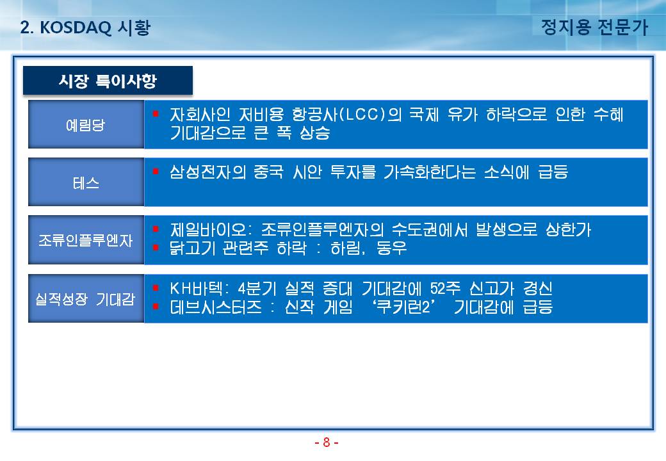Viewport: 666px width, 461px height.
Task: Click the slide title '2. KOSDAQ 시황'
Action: [x=85, y=28]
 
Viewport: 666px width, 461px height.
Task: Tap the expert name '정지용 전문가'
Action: [x=595, y=27]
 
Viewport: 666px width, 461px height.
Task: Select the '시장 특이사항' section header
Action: [x=108, y=80]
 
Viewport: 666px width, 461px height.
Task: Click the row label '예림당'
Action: [x=85, y=125]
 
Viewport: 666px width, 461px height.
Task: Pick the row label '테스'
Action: [x=86, y=183]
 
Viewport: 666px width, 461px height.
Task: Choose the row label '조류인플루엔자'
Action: [x=86, y=240]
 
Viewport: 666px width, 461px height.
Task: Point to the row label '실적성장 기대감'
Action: [x=85, y=299]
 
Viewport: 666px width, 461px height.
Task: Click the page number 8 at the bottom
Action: [x=326, y=442]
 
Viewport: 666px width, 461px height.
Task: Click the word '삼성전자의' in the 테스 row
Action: [x=207, y=172]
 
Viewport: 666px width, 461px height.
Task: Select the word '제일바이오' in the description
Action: [x=208, y=230]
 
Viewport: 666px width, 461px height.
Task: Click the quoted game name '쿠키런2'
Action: [x=403, y=307]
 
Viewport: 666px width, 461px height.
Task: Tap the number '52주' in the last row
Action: [x=445, y=289]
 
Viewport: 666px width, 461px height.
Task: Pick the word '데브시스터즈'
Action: [x=216, y=307]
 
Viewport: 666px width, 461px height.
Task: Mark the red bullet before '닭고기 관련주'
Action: [x=156, y=247]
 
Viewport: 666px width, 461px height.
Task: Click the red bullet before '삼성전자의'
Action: [x=156, y=171]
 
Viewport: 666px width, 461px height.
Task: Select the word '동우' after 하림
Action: [x=392, y=248]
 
